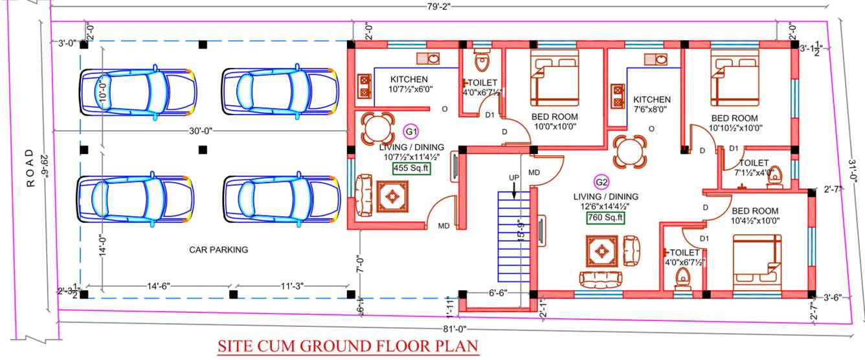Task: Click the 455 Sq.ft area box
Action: (x=410, y=169)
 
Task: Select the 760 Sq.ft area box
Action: (x=605, y=218)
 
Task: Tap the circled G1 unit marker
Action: (x=410, y=132)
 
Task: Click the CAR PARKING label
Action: (x=218, y=249)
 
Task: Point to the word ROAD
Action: (x=29, y=168)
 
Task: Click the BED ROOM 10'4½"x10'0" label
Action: (x=755, y=216)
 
